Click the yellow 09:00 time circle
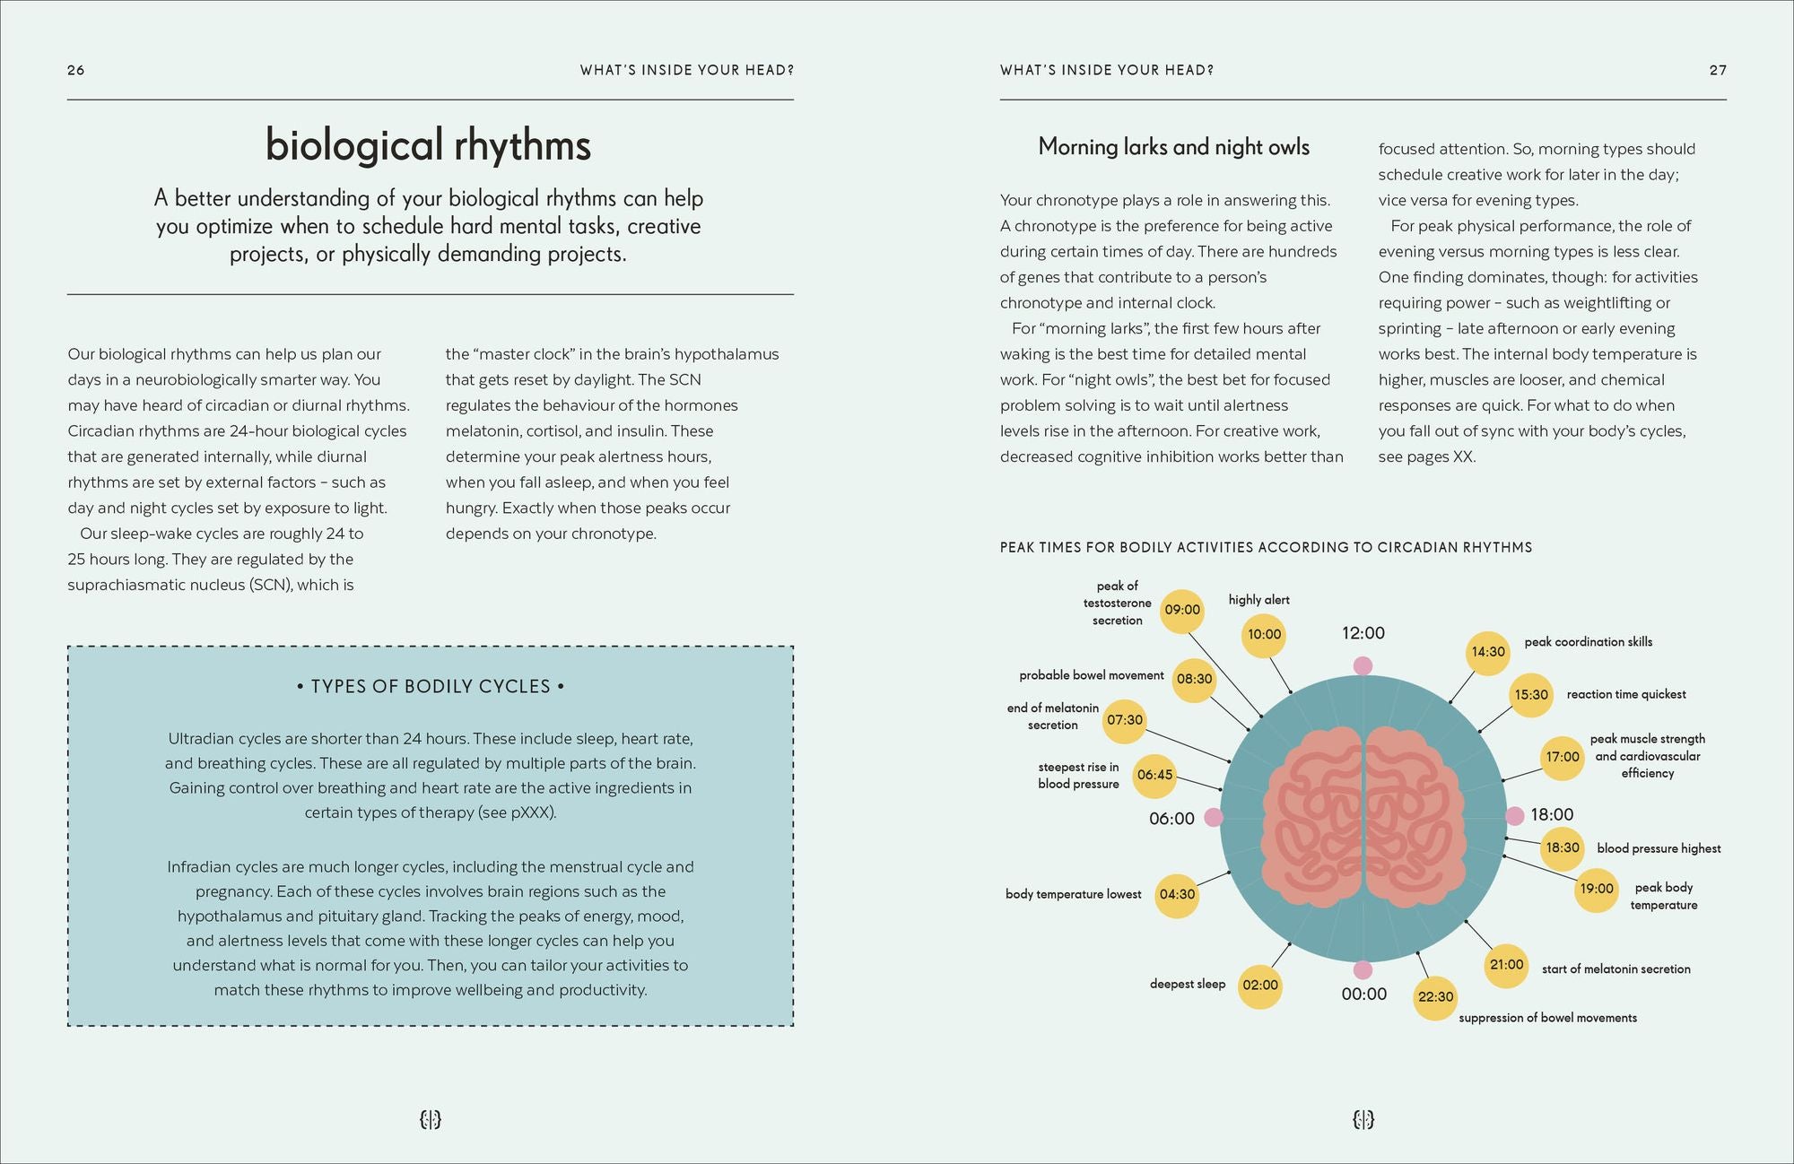point(1182,610)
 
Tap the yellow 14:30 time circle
point(1488,652)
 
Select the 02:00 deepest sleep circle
point(1260,986)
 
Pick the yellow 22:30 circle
point(1435,997)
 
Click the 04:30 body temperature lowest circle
point(1177,895)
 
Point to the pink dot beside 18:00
point(1515,816)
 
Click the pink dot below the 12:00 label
point(1363,665)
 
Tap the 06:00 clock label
point(1171,819)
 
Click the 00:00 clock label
point(1363,994)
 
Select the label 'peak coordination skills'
point(1588,642)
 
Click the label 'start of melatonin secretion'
point(1615,969)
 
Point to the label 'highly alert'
point(1258,600)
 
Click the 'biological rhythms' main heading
point(429,145)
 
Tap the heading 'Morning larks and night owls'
point(1173,147)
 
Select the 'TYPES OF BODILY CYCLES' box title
point(431,687)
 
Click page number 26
point(76,70)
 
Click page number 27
point(1717,70)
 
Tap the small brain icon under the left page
point(431,1119)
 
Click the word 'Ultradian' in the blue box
point(198,739)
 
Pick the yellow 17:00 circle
point(1562,757)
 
